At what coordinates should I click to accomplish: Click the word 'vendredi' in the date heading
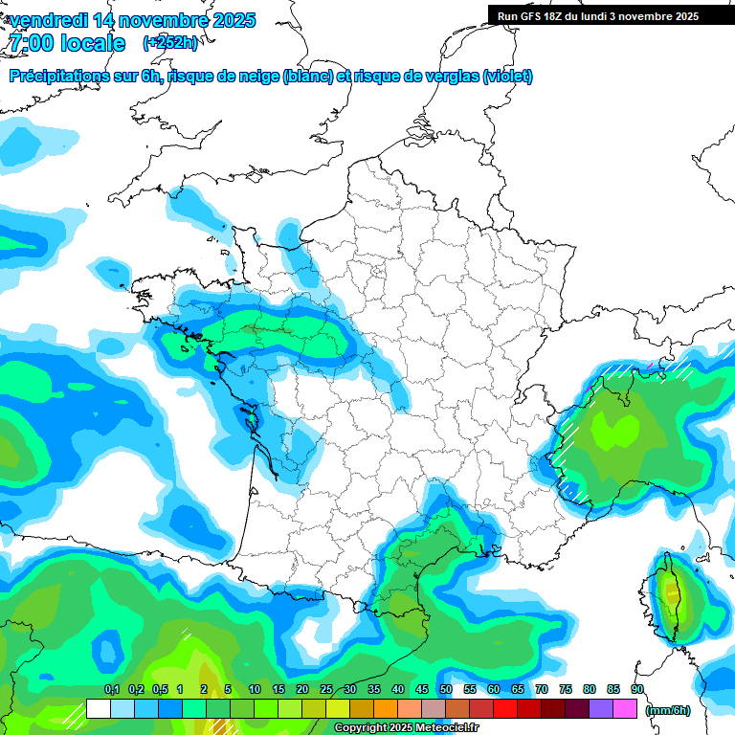(48, 19)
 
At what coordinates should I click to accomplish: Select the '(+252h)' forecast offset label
(170, 43)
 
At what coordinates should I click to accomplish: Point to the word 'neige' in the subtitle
(257, 77)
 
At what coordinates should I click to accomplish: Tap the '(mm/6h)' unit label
(668, 710)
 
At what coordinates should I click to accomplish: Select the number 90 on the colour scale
(636, 689)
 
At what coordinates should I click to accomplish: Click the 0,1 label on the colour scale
(111, 689)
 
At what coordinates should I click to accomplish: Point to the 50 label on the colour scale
(445, 689)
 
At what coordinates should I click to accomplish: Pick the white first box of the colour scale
(98, 709)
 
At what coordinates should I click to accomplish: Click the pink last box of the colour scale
(625, 709)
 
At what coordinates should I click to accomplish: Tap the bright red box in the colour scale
(505, 709)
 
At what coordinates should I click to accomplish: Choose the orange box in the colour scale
(385, 709)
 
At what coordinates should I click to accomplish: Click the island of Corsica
(673, 603)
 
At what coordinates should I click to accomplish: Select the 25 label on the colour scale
(325, 689)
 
